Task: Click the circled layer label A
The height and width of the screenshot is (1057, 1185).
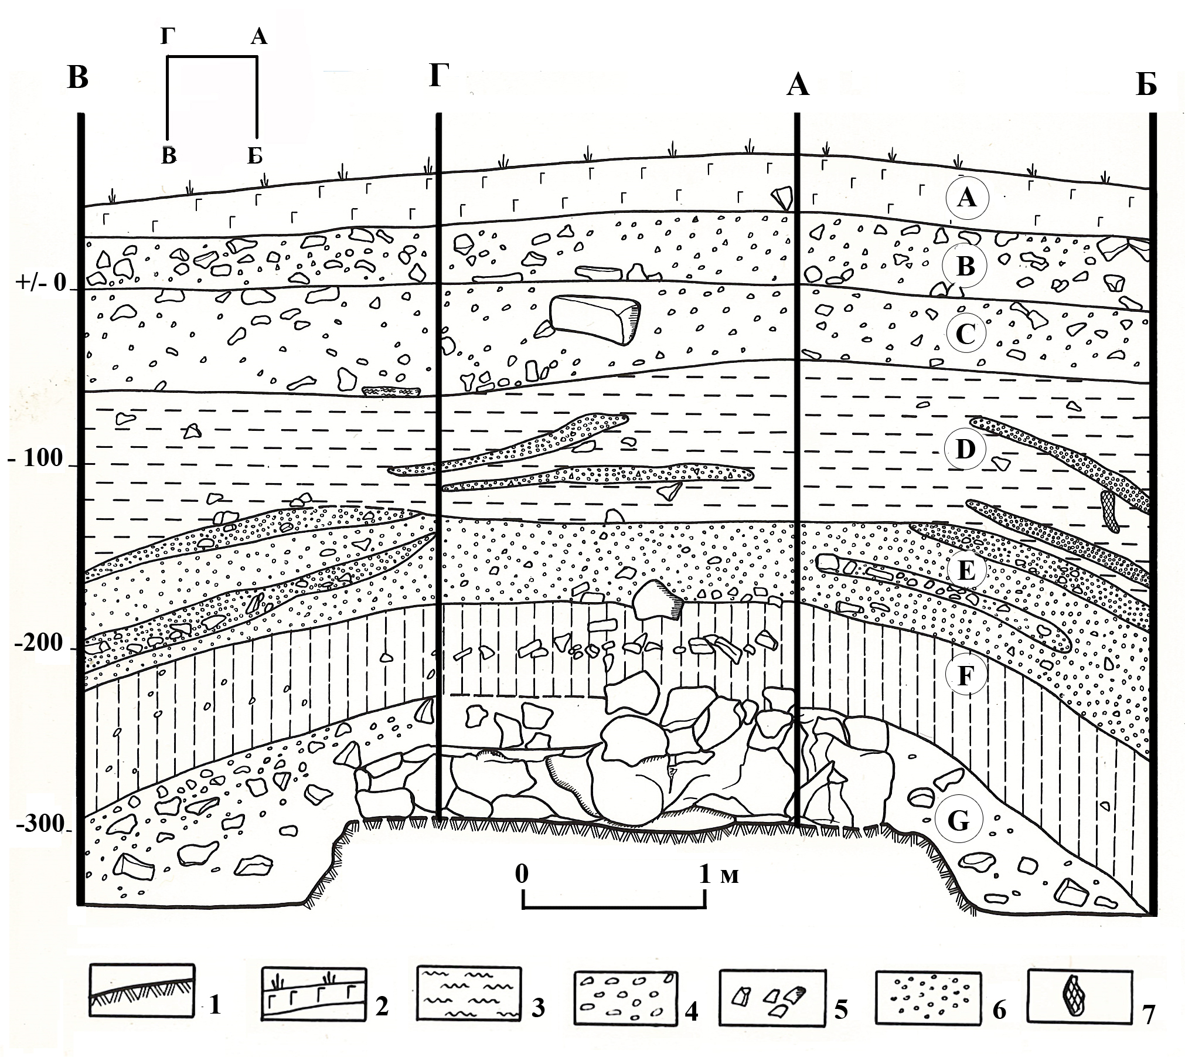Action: tap(967, 198)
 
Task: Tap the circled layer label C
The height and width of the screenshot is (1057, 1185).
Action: tap(965, 334)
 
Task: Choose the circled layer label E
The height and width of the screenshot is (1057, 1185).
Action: tap(966, 569)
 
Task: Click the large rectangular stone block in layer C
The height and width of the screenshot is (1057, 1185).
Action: tap(595, 319)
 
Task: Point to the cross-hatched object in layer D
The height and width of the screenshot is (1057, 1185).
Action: tap(1109, 511)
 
